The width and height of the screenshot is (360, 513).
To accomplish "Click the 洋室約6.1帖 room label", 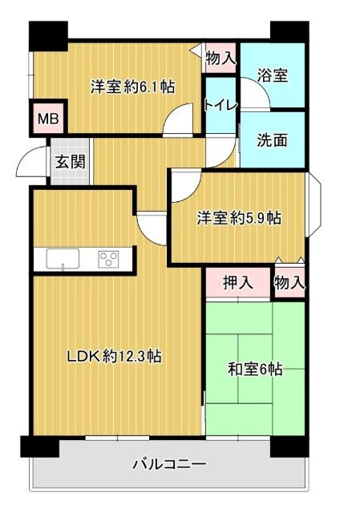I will pyautogui.click(x=133, y=86).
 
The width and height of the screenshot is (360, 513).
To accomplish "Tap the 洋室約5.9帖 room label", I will pyautogui.click(x=239, y=217).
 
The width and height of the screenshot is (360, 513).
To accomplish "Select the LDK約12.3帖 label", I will pyautogui.click(x=115, y=356).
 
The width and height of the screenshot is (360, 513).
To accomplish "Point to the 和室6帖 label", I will pyautogui.click(x=255, y=370).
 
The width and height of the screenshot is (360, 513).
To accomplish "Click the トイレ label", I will pyautogui.click(x=219, y=104).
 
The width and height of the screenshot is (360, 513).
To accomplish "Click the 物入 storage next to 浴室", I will pyautogui.click(x=220, y=58).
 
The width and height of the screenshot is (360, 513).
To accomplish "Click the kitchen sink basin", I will pyautogui.click(x=63, y=259).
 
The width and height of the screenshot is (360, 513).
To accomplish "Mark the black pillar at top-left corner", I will pyautogui.click(x=47, y=34).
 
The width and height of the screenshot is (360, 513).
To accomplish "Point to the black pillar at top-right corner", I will pyautogui.click(x=288, y=32).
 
